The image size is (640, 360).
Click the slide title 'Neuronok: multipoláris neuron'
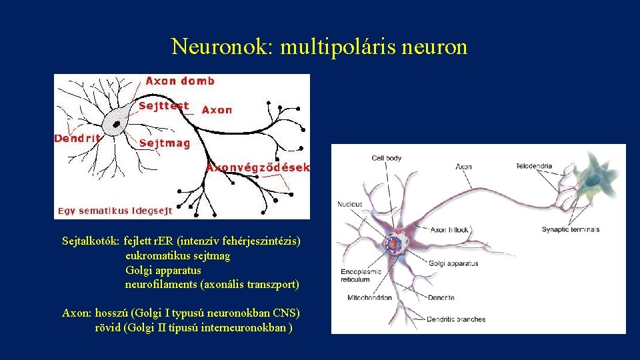coord(319,47)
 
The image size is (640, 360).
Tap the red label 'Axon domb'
coord(180,81)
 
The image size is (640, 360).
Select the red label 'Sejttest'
coord(163,105)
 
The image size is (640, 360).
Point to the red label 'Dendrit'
coord(77,139)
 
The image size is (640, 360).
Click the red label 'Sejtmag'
coord(165,143)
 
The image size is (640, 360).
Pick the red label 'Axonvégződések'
coord(258,168)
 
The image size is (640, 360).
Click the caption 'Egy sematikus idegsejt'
coord(115,211)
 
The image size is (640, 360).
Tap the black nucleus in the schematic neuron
coord(117,124)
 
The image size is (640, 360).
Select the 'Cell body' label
coord(387,158)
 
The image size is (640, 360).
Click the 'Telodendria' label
coord(553,166)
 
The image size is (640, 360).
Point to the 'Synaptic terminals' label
coord(571,229)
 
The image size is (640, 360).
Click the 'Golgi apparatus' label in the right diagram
coord(453,263)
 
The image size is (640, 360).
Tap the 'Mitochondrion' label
coord(370,297)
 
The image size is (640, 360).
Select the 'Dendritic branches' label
coord(457,319)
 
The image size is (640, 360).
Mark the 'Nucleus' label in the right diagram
coord(350,204)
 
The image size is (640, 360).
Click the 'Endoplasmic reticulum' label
coord(361,275)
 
